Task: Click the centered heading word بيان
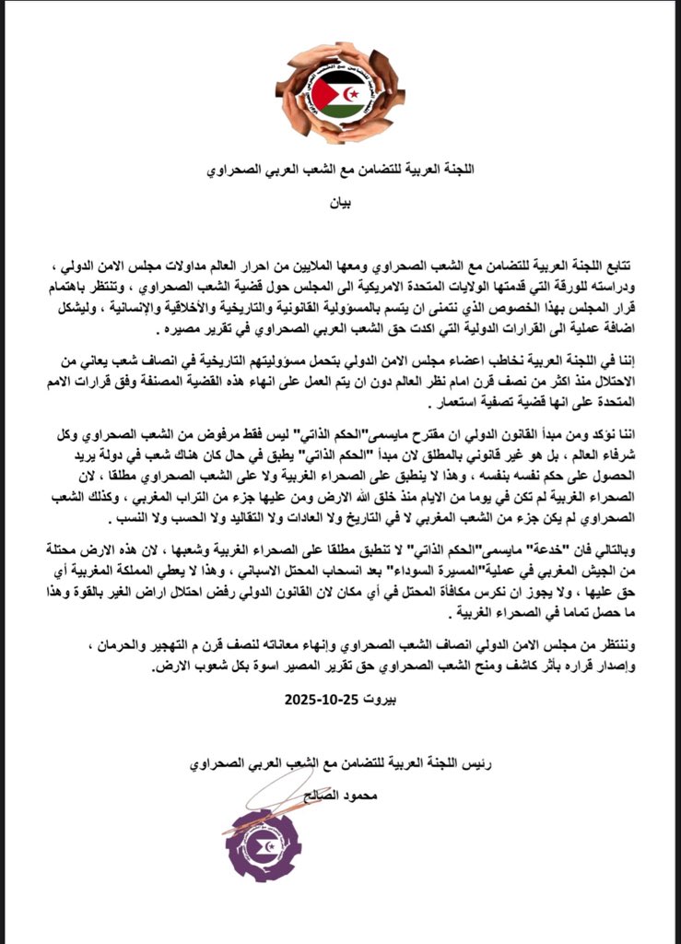coord(340,197)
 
